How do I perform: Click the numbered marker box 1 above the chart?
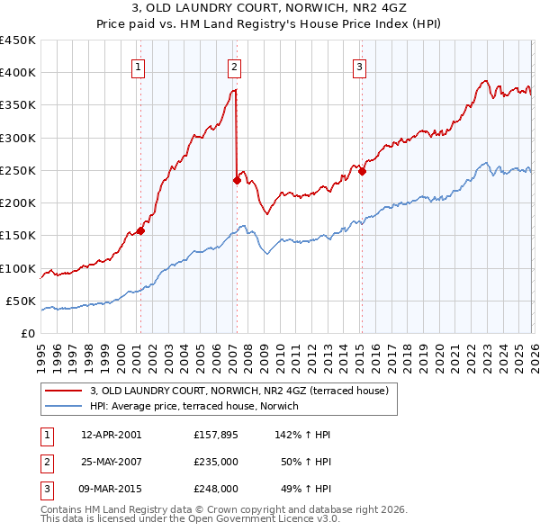(x=139, y=66)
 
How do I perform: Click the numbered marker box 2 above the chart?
(x=234, y=66)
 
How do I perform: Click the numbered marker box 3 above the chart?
(x=359, y=66)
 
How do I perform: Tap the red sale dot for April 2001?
(x=140, y=230)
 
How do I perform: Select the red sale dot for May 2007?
(x=237, y=180)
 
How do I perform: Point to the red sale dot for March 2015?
(x=361, y=172)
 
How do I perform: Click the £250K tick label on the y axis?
(x=17, y=170)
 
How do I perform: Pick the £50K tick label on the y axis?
(x=21, y=301)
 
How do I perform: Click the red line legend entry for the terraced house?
(x=238, y=391)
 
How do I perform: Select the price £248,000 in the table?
(x=215, y=489)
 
